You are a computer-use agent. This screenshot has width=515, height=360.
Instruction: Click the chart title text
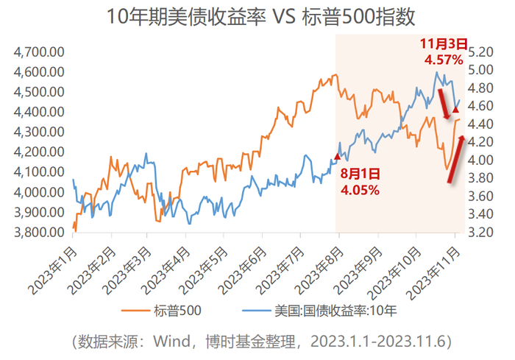tap(260, 17)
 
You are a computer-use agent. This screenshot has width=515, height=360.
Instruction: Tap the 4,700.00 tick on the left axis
tap(39, 52)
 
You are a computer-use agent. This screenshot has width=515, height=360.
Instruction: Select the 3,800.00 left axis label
tap(39, 232)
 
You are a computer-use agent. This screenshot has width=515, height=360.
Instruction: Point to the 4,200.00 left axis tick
tap(39, 152)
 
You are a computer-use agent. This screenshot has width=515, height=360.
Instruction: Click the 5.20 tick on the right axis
tap(480, 52)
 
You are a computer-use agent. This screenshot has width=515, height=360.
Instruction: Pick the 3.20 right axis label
tap(480, 232)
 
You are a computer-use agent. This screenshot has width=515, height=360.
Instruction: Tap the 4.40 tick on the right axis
tap(480, 124)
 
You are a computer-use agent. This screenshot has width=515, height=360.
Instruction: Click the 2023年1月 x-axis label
tap(53, 271)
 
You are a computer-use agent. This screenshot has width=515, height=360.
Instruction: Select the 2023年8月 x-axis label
tap(319, 271)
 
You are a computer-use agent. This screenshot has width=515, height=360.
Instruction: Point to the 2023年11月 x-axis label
tap(433, 274)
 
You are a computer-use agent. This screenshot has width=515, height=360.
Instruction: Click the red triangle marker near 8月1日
tap(337, 157)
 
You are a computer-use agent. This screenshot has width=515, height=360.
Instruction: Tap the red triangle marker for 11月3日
tap(455, 110)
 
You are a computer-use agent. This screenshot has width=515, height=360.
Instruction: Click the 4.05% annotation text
tap(360, 190)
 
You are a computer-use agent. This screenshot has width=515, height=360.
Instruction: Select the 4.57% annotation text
tap(444, 60)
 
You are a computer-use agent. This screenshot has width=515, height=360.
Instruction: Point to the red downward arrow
tap(444, 104)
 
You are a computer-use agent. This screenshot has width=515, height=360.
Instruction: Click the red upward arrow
tap(457, 158)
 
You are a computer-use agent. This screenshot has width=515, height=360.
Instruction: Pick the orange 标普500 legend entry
tap(161, 311)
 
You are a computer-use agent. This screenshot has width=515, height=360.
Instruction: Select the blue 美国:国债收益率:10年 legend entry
tap(319, 311)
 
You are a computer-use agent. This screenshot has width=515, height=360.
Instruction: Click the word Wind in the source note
tap(172, 342)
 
